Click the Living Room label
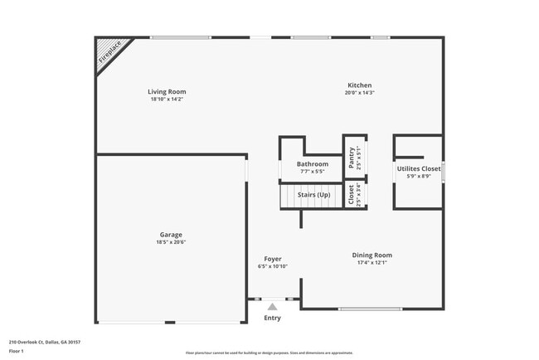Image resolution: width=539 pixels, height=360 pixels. pos(167,91)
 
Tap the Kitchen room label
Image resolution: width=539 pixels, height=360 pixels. pos(359,85)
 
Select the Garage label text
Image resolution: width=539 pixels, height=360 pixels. pos(171,234)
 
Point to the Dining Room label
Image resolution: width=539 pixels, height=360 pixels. pos(371,255)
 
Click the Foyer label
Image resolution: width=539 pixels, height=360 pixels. pos(273,259)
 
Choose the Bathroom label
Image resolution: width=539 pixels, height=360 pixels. pos(313,164)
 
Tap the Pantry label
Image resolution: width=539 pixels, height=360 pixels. pos(352,158)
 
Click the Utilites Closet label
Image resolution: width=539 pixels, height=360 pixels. pos(419,168)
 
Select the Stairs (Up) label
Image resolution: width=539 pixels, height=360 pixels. pos(314,195)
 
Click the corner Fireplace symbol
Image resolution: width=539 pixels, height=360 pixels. pos(109,51)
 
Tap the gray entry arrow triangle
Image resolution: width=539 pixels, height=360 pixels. pos(271,307)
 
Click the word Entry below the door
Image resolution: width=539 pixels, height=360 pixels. pos(272,318)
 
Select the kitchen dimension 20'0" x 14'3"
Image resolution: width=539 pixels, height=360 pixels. pos(359,93)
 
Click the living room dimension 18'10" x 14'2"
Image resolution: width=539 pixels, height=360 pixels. pos(167,99)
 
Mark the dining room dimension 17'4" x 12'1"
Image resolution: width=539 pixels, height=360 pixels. pos(371,262)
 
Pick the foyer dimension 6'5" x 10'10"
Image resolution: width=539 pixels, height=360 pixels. pos(273,266)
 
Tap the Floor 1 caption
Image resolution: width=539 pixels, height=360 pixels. pos(17,351)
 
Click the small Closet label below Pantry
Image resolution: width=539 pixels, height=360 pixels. pos(352,195)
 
